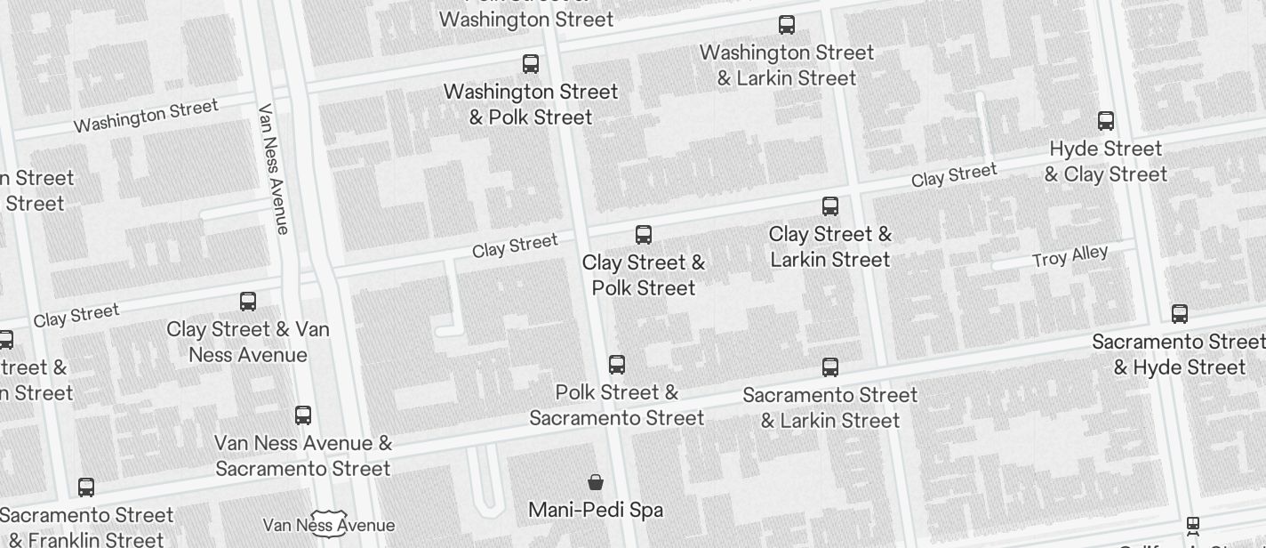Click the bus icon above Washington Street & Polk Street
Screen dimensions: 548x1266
click(x=531, y=64)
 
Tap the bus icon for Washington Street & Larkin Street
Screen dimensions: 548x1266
click(x=787, y=25)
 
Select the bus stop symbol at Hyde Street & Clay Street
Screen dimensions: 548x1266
click(x=1106, y=121)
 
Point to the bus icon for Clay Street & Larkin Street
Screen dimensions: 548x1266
click(x=830, y=206)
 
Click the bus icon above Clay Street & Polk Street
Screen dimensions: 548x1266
click(x=644, y=235)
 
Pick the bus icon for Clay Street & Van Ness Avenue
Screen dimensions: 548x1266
click(x=248, y=302)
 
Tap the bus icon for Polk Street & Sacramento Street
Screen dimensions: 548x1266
click(x=617, y=365)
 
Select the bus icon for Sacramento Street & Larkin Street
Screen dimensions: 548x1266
click(x=830, y=367)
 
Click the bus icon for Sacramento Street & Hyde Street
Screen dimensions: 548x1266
click(x=1180, y=314)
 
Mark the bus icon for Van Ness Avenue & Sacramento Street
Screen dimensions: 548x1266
click(x=303, y=415)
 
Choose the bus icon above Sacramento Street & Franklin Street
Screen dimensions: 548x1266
click(x=86, y=488)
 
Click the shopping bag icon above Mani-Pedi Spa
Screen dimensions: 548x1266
click(x=596, y=482)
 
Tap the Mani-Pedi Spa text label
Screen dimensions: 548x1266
click(x=596, y=510)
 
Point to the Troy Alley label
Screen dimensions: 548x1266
click(x=1070, y=257)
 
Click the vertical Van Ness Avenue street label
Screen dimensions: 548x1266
click(x=274, y=169)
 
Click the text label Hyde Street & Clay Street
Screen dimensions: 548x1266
click(x=1106, y=161)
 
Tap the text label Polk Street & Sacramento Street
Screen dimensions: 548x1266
click(x=617, y=405)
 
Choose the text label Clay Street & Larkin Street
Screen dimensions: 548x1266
click(x=830, y=246)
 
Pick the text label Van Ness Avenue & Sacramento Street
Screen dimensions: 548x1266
click(x=303, y=455)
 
